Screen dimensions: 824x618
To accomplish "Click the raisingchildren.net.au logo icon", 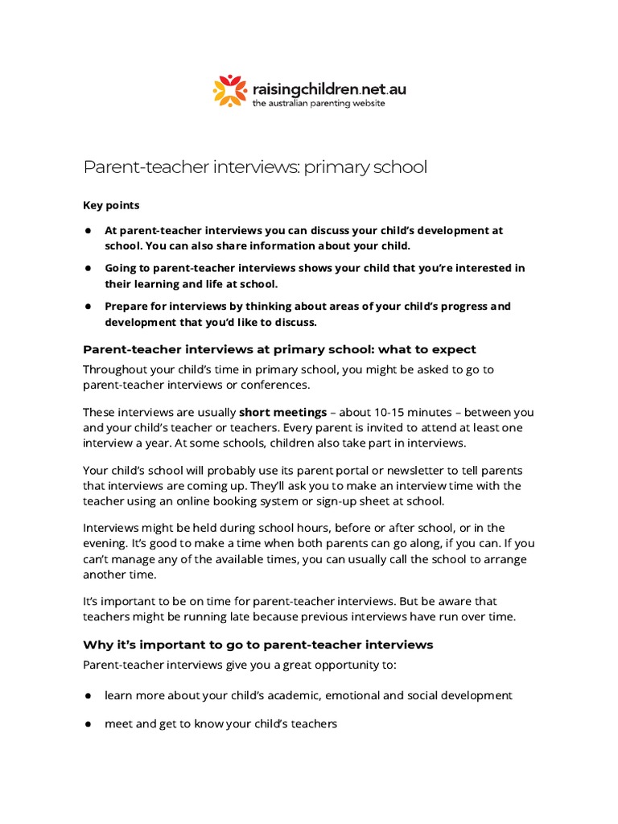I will (x=229, y=90).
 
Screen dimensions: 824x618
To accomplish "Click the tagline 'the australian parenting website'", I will (x=319, y=104).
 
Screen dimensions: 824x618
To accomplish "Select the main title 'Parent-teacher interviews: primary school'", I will (x=255, y=167).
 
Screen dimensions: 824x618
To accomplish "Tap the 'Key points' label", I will (x=111, y=205).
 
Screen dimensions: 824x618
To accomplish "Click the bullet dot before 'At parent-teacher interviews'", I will (x=87, y=231).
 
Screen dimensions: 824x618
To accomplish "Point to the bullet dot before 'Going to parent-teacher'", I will (x=87, y=269).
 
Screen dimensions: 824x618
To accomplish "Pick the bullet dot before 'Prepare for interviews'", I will (x=87, y=307).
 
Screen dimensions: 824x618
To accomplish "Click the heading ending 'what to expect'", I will (x=279, y=349).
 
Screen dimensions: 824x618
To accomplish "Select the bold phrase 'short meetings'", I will (x=282, y=412).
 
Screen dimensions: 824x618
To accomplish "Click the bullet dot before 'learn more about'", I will (x=87, y=695).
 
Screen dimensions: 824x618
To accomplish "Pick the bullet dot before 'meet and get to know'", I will (x=87, y=724).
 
